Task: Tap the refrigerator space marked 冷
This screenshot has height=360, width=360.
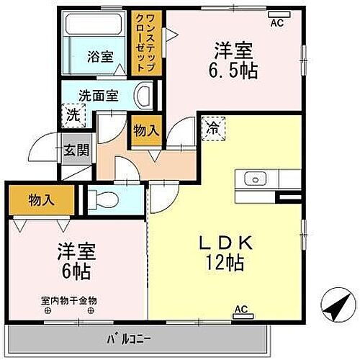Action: (213, 130)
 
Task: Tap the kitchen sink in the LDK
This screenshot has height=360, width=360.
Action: (255, 179)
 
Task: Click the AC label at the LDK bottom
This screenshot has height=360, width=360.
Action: (240, 310)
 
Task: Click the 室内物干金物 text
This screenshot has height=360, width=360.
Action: (69, 300)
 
